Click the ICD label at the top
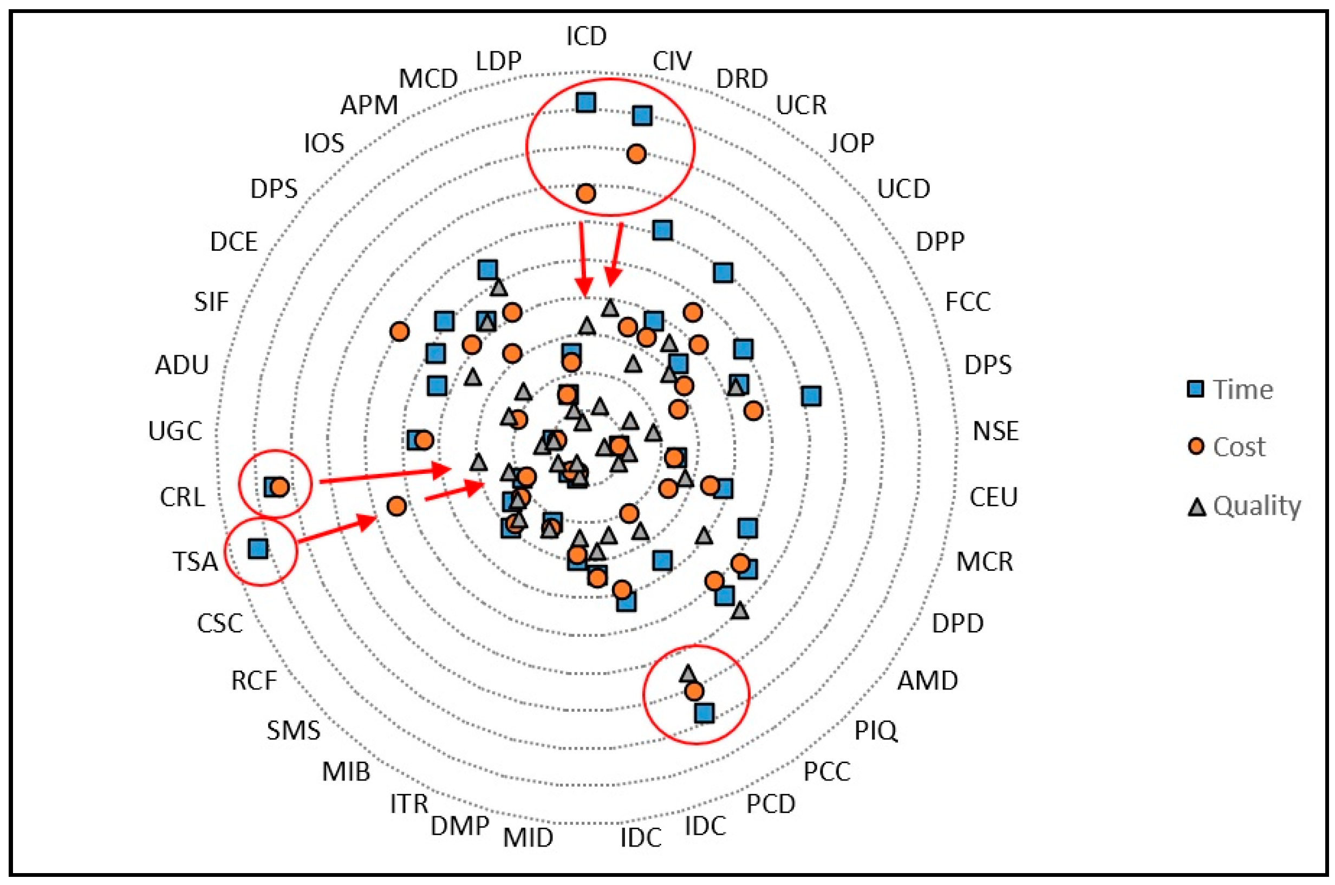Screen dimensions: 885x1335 (586, 37)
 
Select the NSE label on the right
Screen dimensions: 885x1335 (995, 431)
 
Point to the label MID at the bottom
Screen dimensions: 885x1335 (528, 837)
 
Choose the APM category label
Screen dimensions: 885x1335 (369, 106)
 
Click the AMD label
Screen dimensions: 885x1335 (928, 681)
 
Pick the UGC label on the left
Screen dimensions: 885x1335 (175, 431)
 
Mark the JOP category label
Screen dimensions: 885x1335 (851, 144)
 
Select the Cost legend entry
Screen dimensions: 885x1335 (1239, 447)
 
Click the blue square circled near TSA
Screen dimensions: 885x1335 (258, 548)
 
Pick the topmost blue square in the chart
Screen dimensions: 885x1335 (586, 103)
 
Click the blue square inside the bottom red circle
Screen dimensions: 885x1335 (705, 713)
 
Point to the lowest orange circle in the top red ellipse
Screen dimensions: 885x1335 (585, 193)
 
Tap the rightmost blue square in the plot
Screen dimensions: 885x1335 (811, 396)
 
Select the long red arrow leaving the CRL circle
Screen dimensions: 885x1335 (385, 475)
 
